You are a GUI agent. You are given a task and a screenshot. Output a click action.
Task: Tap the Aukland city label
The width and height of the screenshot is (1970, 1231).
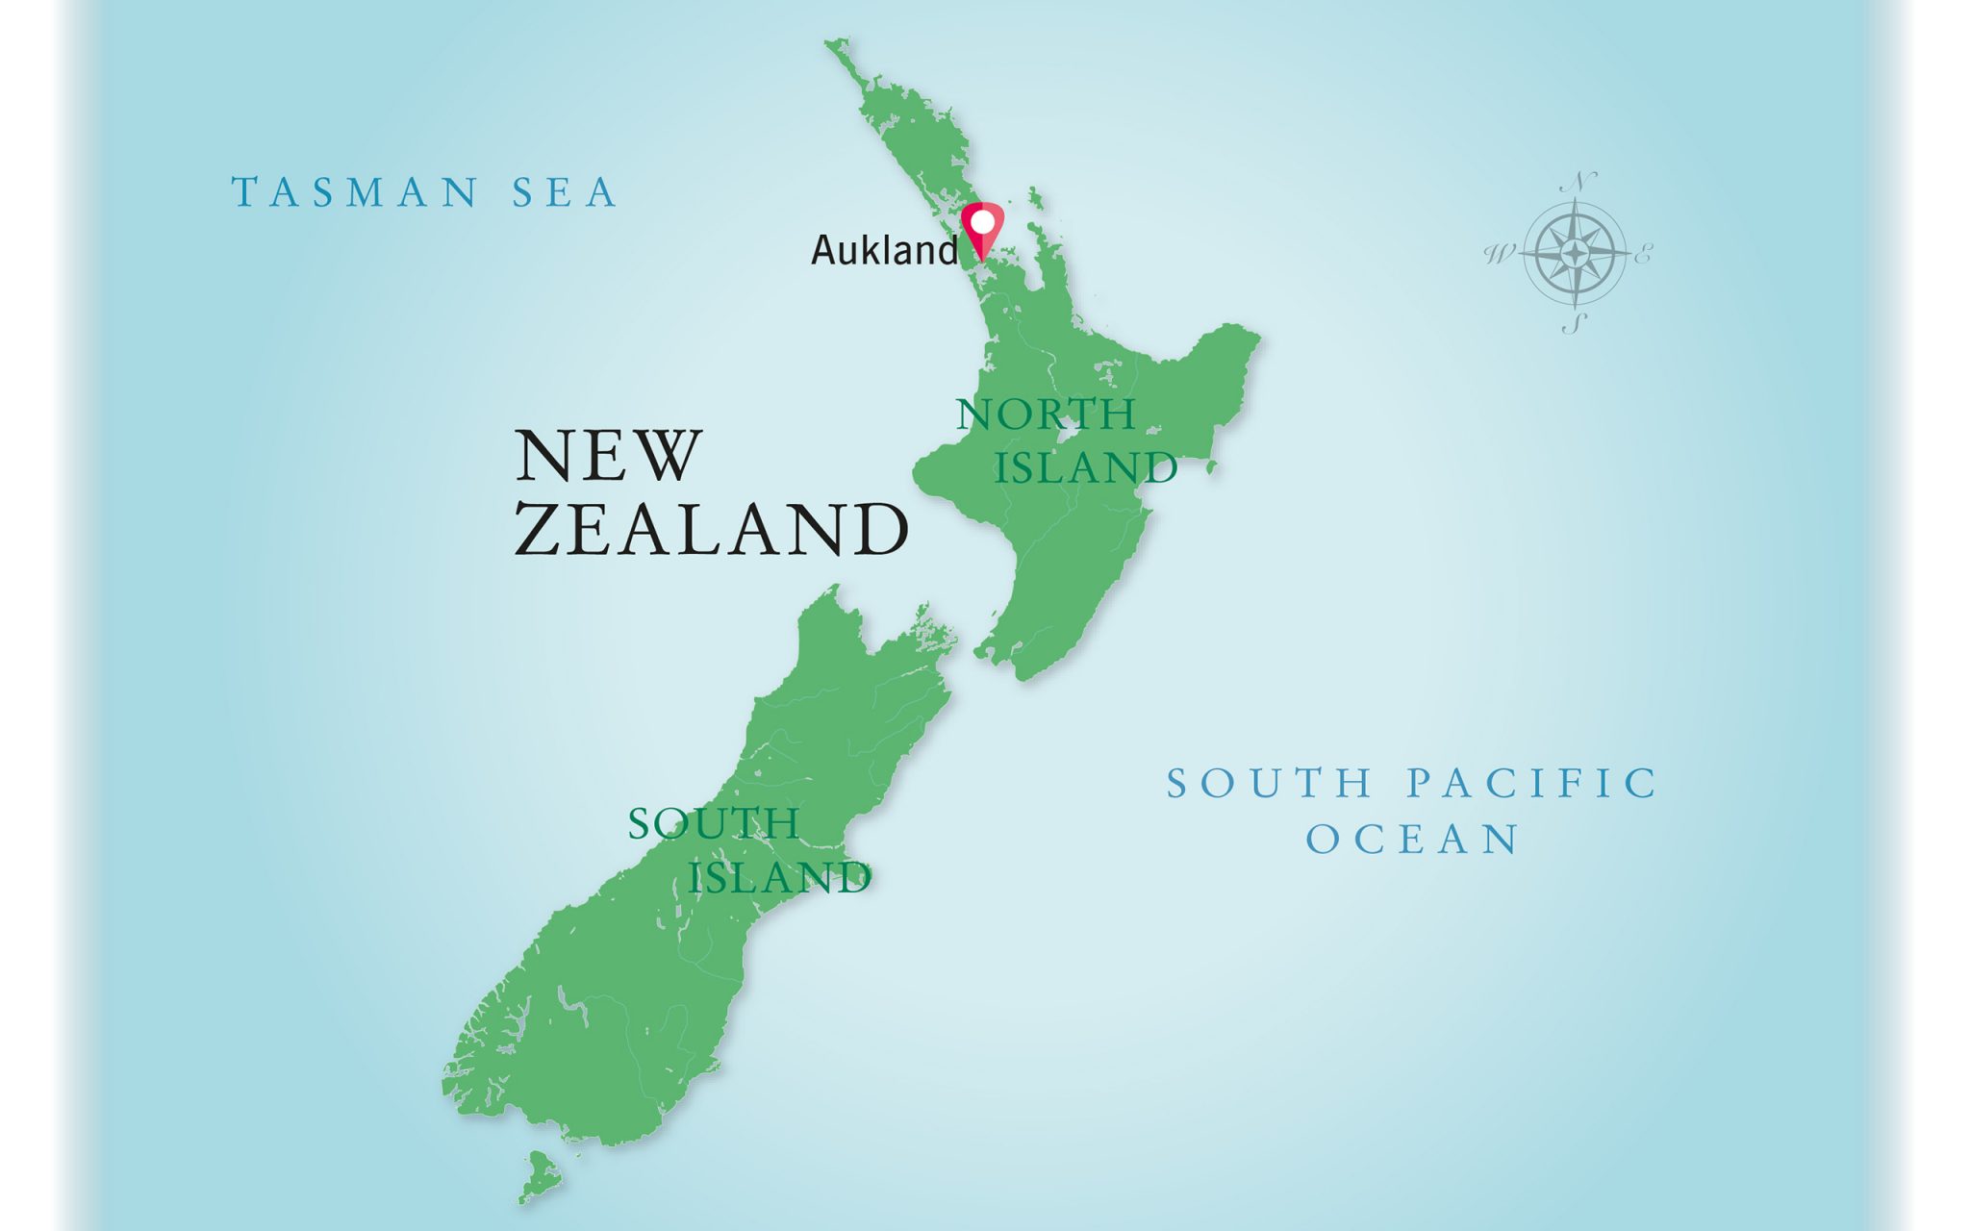[x=885, y=250]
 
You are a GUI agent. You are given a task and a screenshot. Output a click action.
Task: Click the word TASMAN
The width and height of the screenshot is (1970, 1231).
[x=354, y=192]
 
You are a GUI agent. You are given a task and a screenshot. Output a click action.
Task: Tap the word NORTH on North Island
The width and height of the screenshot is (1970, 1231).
[x=1047, y=415]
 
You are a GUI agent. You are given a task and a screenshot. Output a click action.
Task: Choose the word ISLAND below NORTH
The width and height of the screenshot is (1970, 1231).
[x=1086, y=467]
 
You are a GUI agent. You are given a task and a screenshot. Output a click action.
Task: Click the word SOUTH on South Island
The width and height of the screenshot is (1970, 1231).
[x=714, y=823]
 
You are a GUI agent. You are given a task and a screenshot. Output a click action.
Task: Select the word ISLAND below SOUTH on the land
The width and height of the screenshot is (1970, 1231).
[x=780, y=877]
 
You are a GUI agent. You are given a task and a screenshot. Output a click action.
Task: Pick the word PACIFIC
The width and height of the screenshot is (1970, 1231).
[x=1532, y=783]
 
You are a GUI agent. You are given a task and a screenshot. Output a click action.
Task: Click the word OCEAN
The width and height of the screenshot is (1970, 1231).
[x=1412, y=840]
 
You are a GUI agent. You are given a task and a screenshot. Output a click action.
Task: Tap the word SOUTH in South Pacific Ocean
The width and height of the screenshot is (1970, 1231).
[x=1270, y=783]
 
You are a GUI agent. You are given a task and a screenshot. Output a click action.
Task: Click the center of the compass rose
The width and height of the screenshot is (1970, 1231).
[x=1575, y=254]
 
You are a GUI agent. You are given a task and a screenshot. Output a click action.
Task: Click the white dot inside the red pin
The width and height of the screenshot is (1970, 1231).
[x=982, y=222]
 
